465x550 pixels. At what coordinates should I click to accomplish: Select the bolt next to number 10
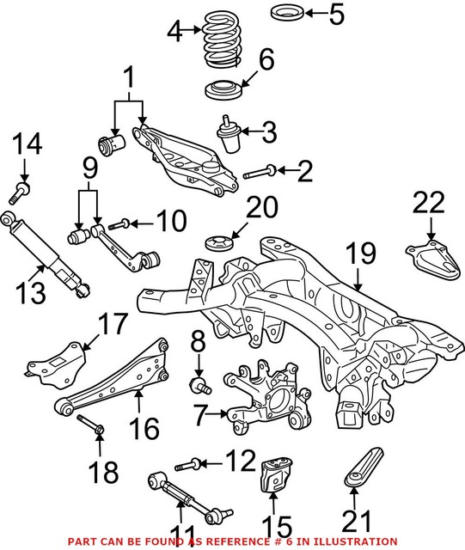click(121, 223)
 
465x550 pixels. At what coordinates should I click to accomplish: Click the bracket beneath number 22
click(430, 259)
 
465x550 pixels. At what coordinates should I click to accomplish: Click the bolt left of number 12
click(190, 465)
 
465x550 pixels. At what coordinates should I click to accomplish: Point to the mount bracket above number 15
click(272, 477)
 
